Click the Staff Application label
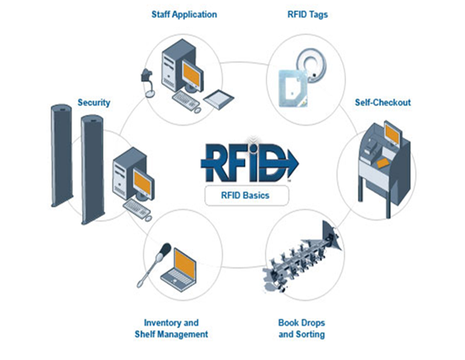(x=184, y=13)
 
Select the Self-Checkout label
(x=381, y=102)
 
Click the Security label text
(x=94, y=103)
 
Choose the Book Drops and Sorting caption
(x=301, y=329)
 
